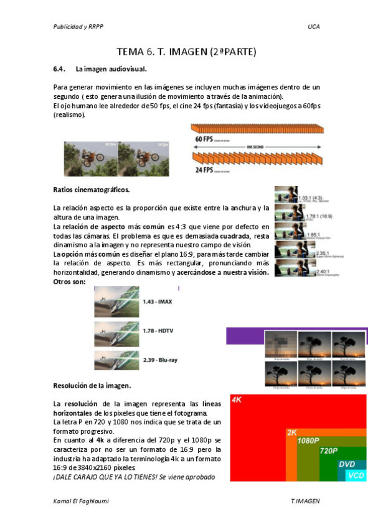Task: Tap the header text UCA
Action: [313, 27]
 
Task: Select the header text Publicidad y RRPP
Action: [78, 27]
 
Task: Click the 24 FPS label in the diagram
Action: [204, 169]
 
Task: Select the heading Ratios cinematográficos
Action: [92, 189]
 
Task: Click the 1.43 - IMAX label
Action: [157, 302]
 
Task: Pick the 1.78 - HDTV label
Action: [158, 330]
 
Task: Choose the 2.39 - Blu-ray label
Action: [159, 360]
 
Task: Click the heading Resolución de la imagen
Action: [92, 385]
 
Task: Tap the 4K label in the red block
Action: [237, 400]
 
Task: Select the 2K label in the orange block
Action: [291, 433]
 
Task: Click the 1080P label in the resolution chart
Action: [308, 441]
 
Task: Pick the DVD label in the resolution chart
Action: [346, 464]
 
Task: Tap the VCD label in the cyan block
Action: [356, 475]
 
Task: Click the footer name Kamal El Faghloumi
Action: [84, 500]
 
